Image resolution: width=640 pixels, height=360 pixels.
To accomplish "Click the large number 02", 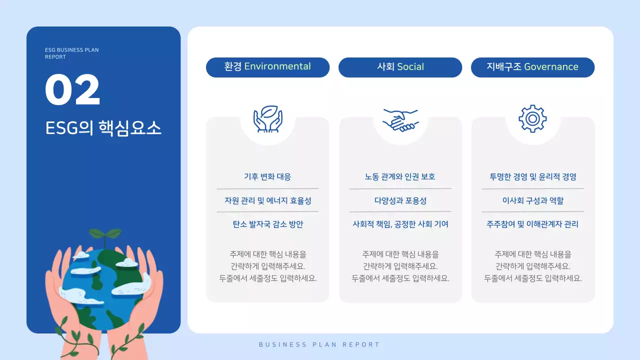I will pos(72,90).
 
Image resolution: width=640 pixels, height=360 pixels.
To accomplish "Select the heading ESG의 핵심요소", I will pos(103,128).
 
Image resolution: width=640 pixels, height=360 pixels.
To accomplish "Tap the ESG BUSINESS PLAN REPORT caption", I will pos(71,53).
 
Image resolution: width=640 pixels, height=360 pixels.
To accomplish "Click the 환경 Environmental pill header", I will pos(267,67).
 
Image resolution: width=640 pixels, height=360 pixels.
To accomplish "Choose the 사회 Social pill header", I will pos(400,67).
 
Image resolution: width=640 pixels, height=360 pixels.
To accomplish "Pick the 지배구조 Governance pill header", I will pos(532,67).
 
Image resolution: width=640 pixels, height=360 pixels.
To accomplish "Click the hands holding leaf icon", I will pos(267,119).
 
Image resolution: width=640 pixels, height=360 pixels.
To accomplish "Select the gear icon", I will pos(532,119).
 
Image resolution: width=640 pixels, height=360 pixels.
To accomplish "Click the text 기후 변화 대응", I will pos(267,176).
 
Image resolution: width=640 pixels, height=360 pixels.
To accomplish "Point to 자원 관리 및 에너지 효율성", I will pos(267,200).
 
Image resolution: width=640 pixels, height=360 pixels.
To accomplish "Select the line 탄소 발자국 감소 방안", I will pos(267,224).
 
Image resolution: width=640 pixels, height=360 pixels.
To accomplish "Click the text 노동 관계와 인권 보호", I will pos(400,176).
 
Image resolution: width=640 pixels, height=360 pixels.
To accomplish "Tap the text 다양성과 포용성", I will pos(400,200).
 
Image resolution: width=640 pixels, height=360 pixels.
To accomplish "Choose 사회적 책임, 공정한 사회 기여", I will pos(400,224).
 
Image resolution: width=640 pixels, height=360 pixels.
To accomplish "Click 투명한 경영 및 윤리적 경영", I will pos(532,176).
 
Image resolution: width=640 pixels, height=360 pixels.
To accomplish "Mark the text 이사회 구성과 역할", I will pos(532,200).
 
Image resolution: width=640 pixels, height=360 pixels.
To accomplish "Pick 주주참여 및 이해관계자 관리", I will pos(532,224).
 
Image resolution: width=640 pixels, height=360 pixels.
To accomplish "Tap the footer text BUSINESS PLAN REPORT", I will pos(319,344).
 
